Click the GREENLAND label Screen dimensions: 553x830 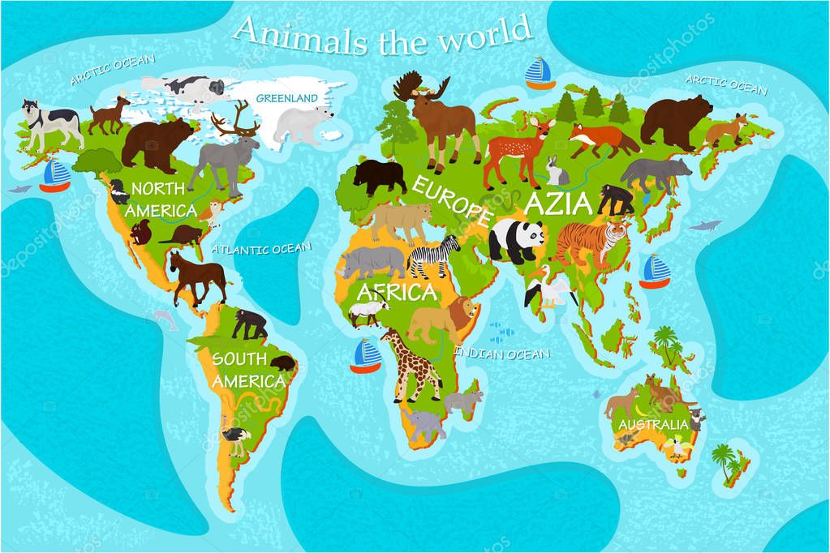[x=286, y=98]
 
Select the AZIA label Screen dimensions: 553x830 [x=559, y=203]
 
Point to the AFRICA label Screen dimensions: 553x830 [x=398, y=291]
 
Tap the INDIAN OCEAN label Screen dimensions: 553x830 [x=501, y=353]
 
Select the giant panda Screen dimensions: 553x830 [x=517, y=240]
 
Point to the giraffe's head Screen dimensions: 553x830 [x=388, y=337]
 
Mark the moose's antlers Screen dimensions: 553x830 [x=410, y=85]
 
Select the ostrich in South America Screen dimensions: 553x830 [x=236, y=435]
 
